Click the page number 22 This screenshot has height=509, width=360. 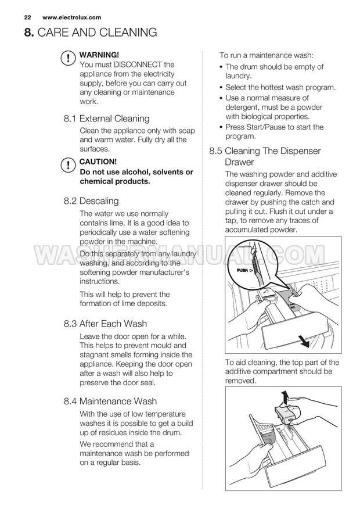click(27, 17)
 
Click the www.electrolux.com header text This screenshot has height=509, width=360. click(71, 17)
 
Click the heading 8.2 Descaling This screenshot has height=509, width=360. click(91, 201)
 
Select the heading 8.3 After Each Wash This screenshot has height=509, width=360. click(105, 324)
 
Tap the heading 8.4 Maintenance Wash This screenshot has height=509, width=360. click(110, 401)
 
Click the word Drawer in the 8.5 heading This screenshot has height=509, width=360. click(240, 163)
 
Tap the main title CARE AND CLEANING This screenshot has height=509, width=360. click(98, 33)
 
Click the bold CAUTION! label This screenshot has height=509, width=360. click(98, 162)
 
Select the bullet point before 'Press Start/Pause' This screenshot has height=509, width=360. click(221, 127)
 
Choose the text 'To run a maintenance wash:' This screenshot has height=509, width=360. click(266, 55)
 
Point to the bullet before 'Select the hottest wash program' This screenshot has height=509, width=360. click(221, 88)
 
